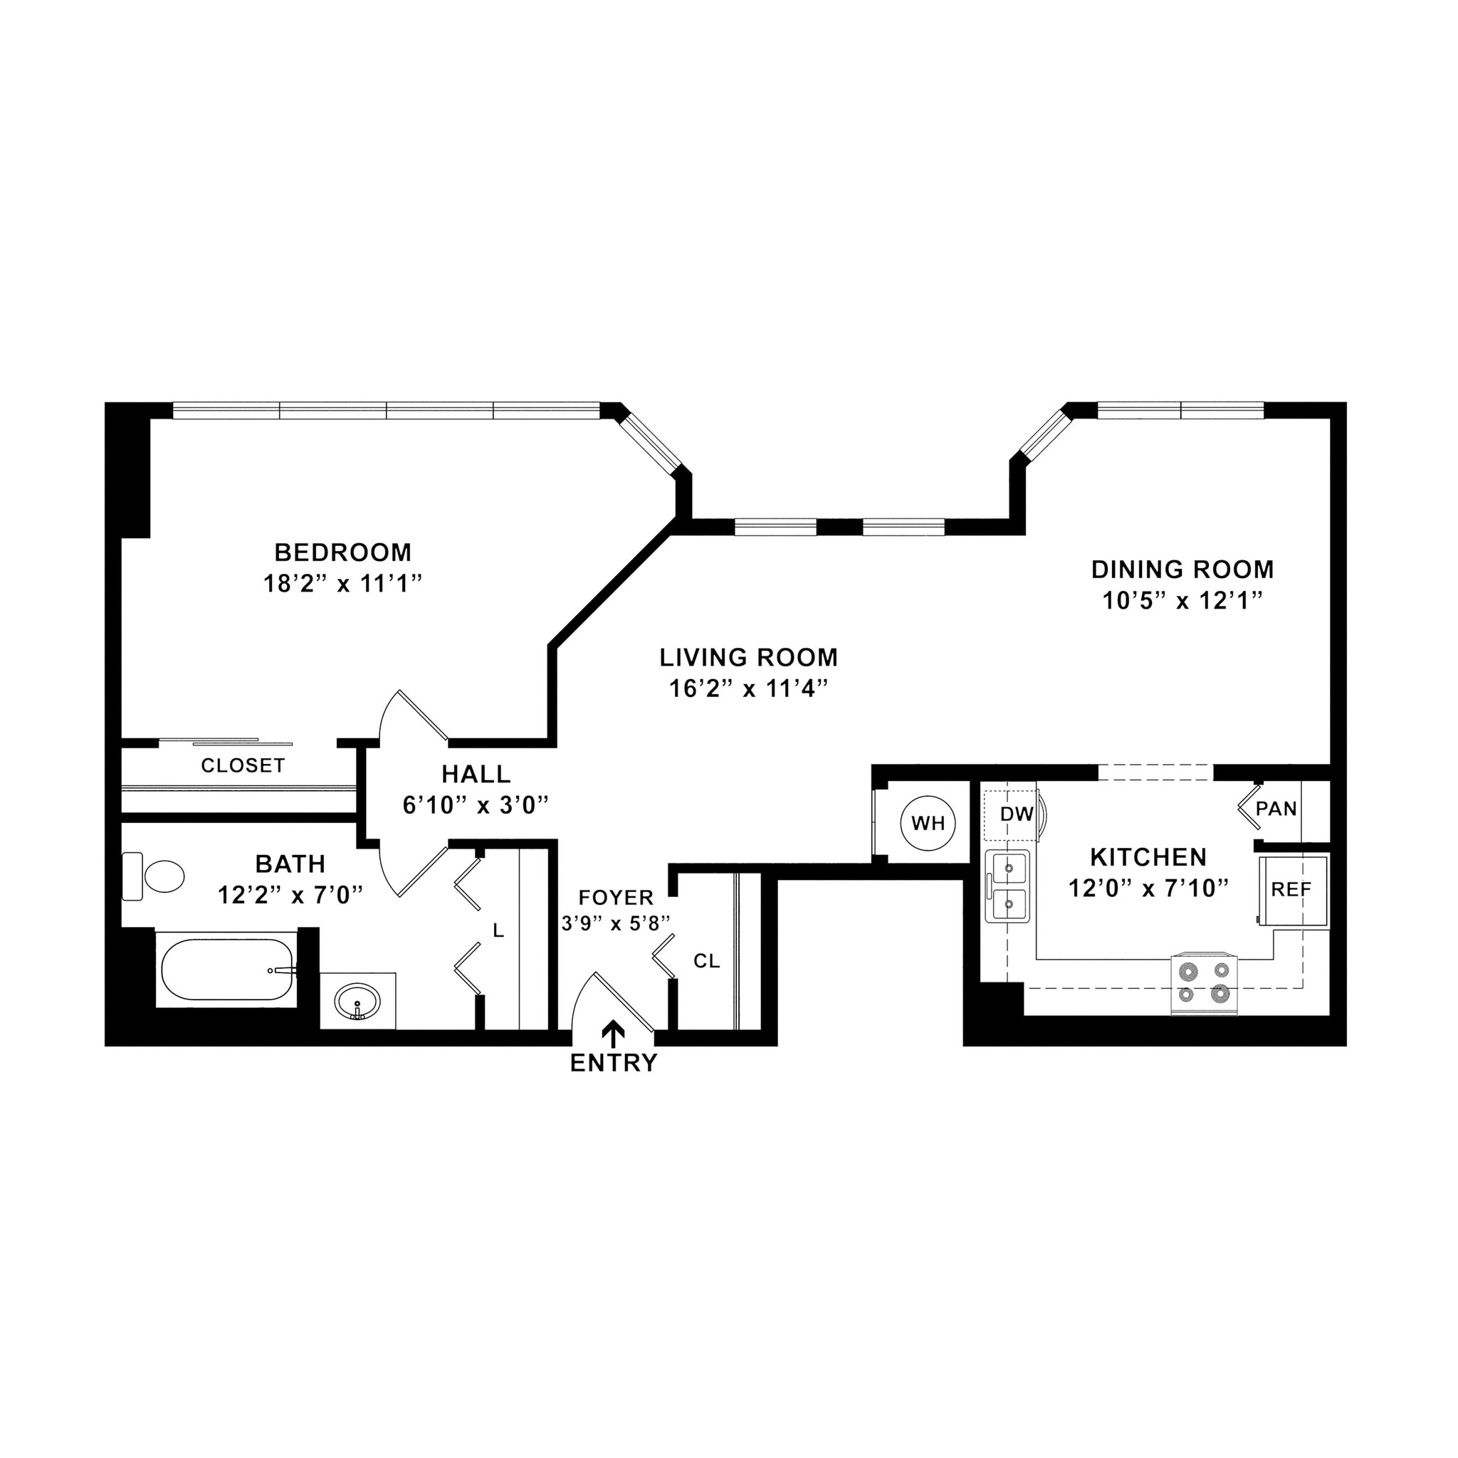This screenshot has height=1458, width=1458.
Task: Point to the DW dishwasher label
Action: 1016,814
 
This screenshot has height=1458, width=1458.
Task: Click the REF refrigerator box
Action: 1291,890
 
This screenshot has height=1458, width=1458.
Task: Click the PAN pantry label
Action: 1276,809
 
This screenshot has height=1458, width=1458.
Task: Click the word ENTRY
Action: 614,1064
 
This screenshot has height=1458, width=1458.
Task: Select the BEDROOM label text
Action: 342,552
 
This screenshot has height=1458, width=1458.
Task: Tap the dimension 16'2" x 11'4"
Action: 749,689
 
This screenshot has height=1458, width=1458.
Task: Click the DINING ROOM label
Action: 1182,569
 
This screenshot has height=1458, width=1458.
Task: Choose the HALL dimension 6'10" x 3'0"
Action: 476,805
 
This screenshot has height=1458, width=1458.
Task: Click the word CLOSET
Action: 242,765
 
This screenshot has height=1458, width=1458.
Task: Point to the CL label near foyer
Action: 706,961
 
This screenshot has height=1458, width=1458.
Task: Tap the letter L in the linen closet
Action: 498,931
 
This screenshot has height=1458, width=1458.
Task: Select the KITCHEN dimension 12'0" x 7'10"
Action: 1148,888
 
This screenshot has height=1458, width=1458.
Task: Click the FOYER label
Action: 616,897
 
